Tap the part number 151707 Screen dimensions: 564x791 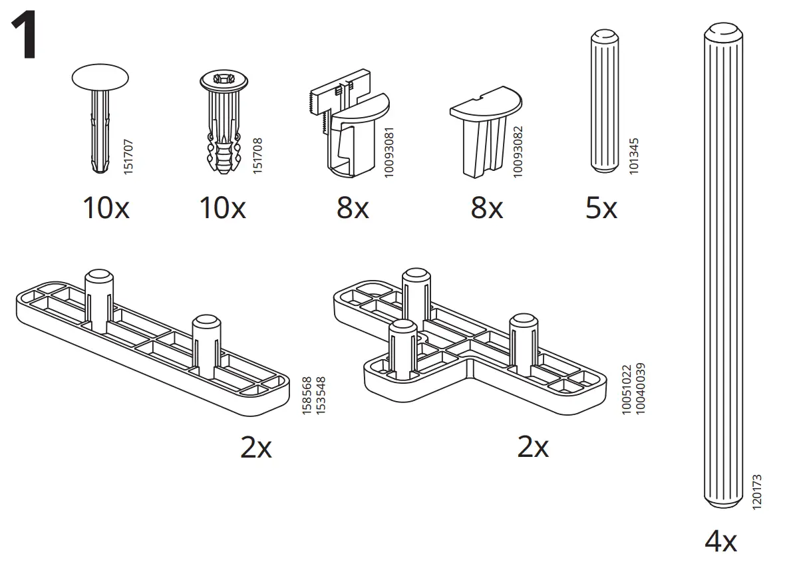[x=128, y=156]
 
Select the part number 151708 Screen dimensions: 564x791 [x=257, y=156]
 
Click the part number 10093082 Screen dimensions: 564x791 [x=518, y=151]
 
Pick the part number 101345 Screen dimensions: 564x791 [x=633, y=156]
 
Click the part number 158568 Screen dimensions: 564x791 [x=307, y=397]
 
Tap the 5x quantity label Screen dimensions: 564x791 [x=601, y=209]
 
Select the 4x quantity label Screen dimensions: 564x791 [x=721, y=541]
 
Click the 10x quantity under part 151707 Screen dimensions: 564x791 [x=106, y=209]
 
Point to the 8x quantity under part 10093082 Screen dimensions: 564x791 [x=486, y=209]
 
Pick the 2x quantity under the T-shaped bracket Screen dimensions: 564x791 [x=533, y=448]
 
